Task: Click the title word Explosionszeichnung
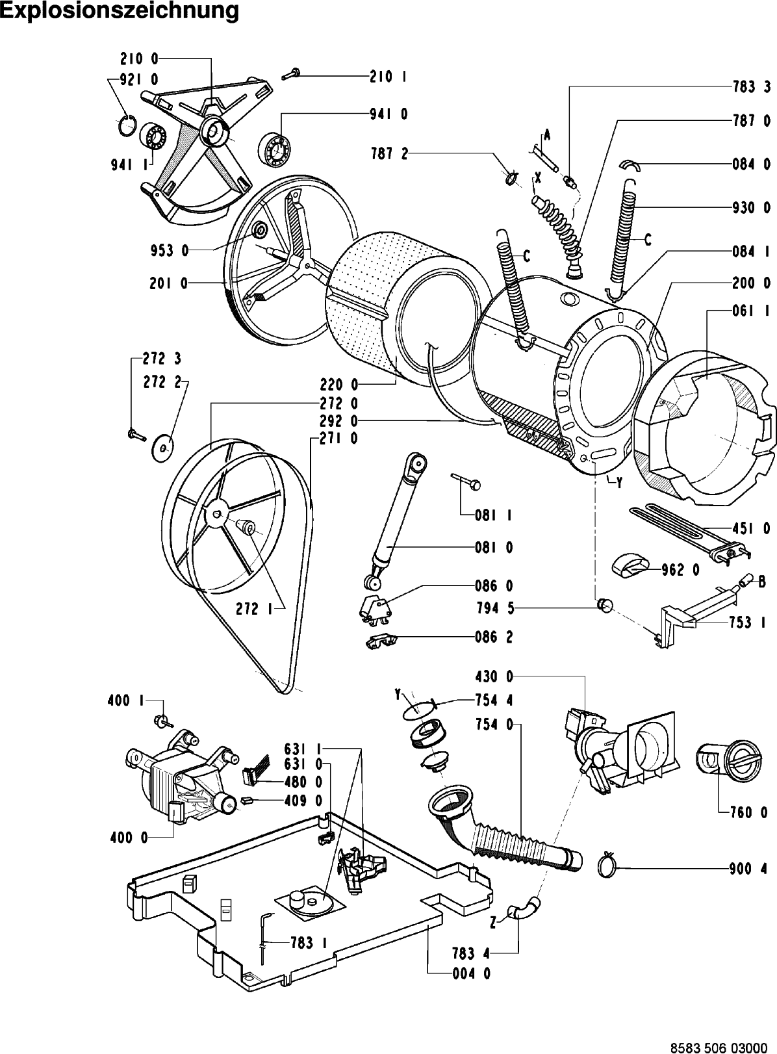[120, 11]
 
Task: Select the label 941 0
[389, 114]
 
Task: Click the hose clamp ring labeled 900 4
[607, 864]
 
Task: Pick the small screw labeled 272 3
[136, 434]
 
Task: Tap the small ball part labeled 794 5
[605, 606]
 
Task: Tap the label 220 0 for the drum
[339, 385]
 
